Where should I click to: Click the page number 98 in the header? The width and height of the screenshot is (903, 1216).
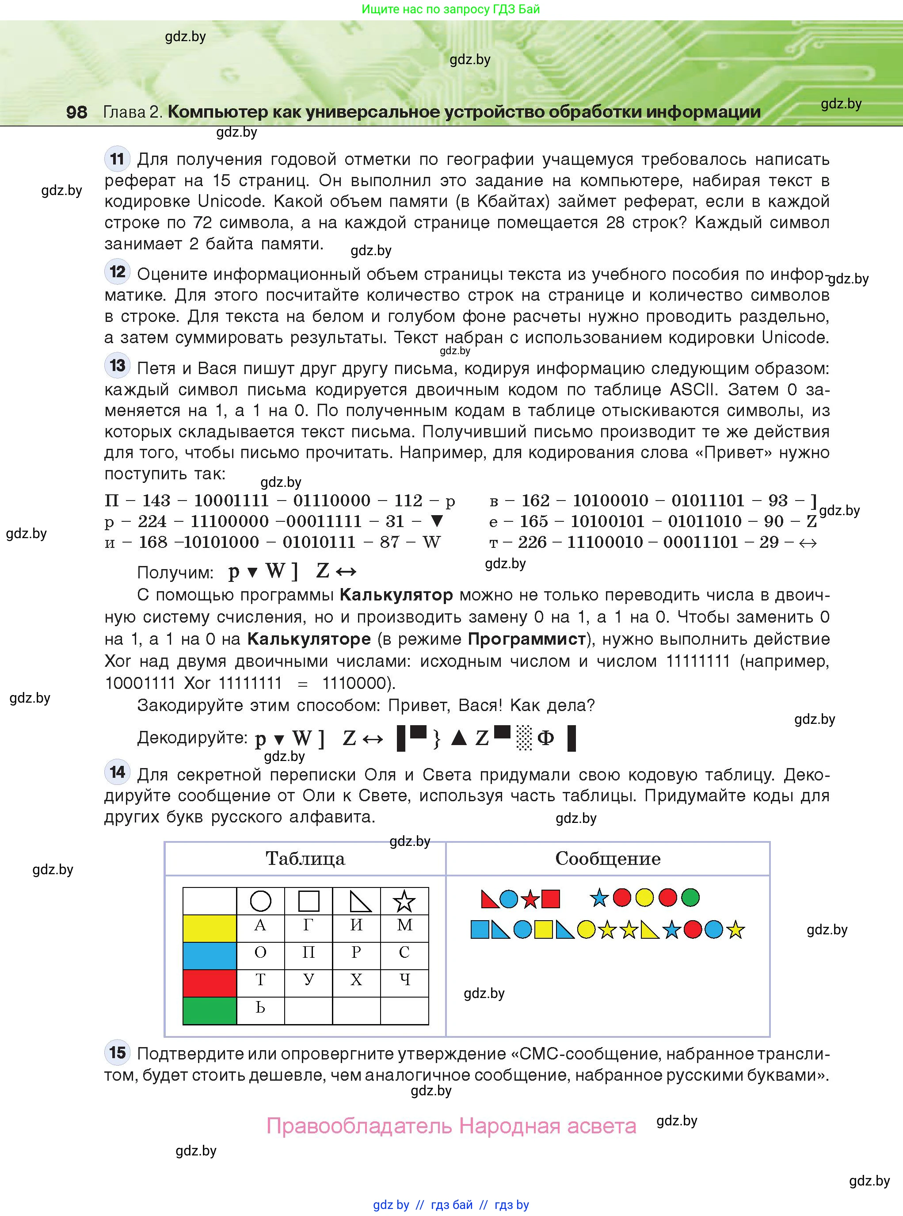pyautogui.click(x=76, y=112)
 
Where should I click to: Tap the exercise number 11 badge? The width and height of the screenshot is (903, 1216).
pyautogui.click(x=117, y=159)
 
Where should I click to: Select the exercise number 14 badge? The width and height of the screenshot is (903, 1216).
pyautogui.click(x=117, y=772)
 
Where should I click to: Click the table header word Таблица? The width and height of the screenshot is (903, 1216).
pyautogui.click(x=305, y=858)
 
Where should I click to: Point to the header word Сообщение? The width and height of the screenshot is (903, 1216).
pyautogui.click(x=607, y=858)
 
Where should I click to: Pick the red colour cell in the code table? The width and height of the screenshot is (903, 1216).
pyautogui.click(x=210, y=983)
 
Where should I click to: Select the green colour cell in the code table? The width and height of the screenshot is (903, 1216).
pyautogui.click(x=210, y=1010)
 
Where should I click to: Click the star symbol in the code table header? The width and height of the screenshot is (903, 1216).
pyautogui.click(x=404, y=901)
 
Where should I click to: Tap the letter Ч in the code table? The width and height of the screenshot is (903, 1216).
pyautogui.click(x=404, y=979)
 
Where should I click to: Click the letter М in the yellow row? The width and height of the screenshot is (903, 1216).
pyautogui.click(x=404, y=925)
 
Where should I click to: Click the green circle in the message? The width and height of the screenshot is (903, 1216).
pyautogui.click(x=690, y=897)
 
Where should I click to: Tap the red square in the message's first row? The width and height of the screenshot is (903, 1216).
pyautogui.click(x=550, y=899)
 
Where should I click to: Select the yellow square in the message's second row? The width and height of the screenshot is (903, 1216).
pyautogui.click(x=543, y=929)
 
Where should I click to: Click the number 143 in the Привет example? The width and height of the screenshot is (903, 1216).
pyautogui.click(x=156, y=500)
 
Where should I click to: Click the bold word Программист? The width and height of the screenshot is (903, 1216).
pyautogui.click(x=526, y=639)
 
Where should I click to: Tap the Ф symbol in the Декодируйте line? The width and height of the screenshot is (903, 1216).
pyautogui.click(x=545, y=738)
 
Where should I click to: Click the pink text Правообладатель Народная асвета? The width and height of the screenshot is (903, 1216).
pyautogui.click(x=451, y=1125)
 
